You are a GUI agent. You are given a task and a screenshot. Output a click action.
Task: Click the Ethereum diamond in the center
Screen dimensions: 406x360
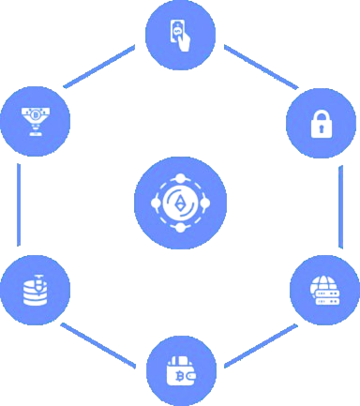[180, 202]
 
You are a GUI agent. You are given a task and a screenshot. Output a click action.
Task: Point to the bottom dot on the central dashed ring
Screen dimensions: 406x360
[180, 228]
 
